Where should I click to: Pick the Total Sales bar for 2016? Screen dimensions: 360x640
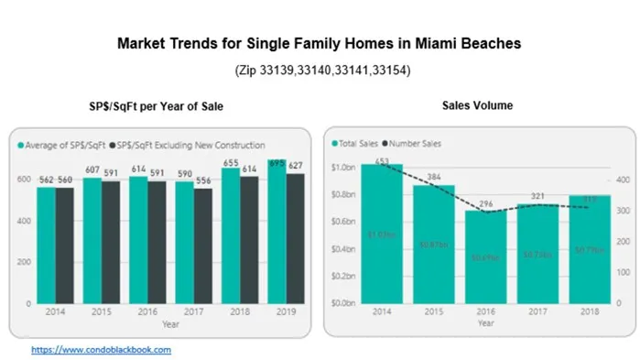486,256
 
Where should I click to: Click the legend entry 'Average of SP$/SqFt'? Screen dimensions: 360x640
61,145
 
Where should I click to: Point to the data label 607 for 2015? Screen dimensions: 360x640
92,169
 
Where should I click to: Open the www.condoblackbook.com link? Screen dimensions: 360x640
101,349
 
